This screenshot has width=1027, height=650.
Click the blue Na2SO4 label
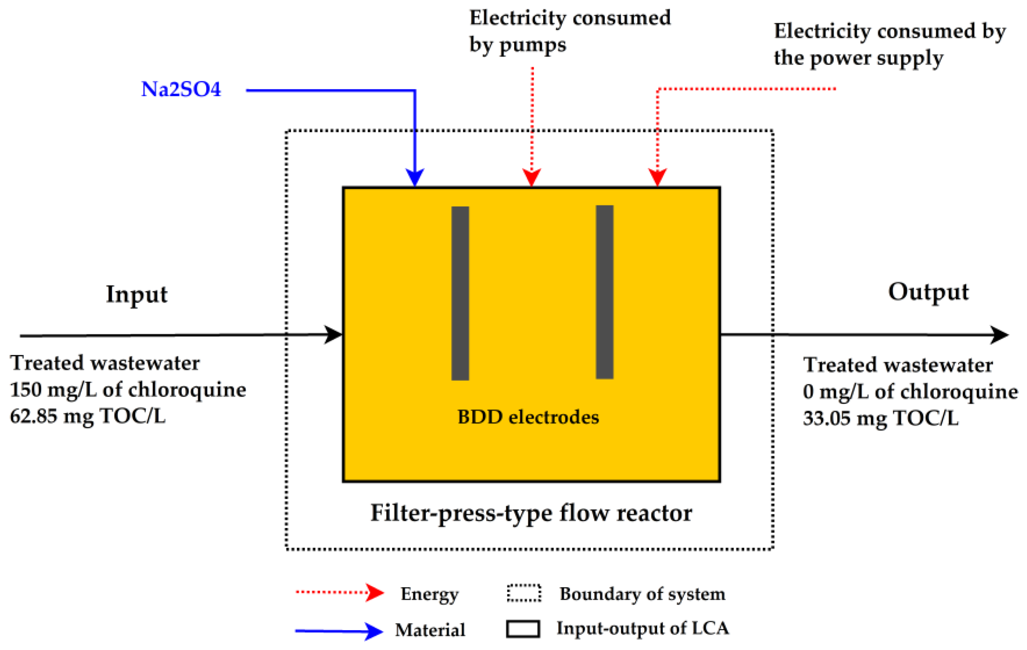(x=181, y=89)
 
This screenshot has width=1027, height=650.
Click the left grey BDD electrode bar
(x=460, y=293)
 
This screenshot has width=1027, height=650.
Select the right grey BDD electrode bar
(x=604, y=292)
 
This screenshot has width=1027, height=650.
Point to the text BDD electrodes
(x=528, y=417)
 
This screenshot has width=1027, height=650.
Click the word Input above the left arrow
(x=137, y=294)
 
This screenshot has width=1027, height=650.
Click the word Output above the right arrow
(x=928, y=292)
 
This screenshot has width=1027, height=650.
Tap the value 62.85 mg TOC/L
(x=87, y=416)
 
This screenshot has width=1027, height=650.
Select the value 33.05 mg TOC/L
(x=881, y=418)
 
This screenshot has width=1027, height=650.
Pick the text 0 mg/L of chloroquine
(x=910, y=392)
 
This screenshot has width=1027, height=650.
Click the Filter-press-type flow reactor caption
(x=531, y=513)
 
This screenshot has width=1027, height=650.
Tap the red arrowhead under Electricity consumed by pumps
(x=531, y=177)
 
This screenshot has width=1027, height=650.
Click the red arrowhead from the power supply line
(x=657, y=177)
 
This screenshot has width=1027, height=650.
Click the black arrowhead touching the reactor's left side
(x=334, y=335)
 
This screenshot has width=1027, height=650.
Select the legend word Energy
(x=429, y=594)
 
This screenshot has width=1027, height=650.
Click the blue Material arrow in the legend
(x=339, y=631)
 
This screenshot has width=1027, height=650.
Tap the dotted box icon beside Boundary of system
(x=524, y=593)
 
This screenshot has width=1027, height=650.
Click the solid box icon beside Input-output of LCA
(x=523, y=629)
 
